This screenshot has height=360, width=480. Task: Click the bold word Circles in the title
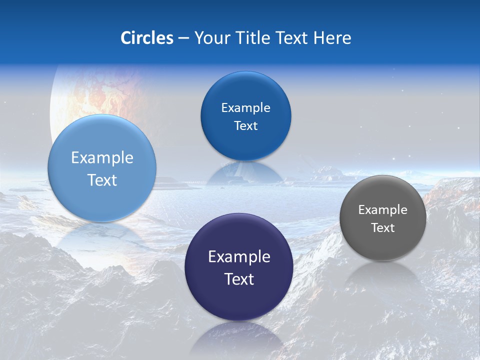(146, 37)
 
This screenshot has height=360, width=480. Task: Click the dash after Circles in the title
(183, 38)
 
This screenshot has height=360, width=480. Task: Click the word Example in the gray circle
(383, 210)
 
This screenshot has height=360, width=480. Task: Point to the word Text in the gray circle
(383, 228)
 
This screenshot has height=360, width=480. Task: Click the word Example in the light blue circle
(102, 158)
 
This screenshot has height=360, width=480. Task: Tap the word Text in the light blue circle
(102, 180)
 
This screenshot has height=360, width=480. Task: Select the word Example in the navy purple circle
(239, 257)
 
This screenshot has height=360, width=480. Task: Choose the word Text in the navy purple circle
(239, 279)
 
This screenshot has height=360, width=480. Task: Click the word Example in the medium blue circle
(245, 108)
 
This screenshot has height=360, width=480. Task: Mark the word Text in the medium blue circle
(245, 126)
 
